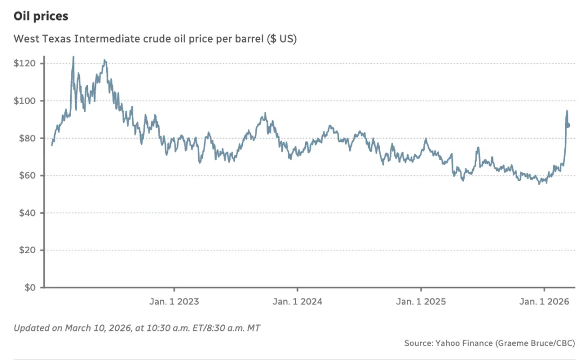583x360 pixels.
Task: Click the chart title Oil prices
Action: pyautogui.click(x=41, y=16)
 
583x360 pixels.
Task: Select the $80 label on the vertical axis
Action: pyautogui.click(x=26, y=138)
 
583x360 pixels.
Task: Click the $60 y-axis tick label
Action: pyautogui.click(x=26, y=175)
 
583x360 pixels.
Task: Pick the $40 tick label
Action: pyautogui.click(x=26, y=213)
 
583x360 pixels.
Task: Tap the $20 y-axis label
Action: pyautogui.click(x=26, y=250)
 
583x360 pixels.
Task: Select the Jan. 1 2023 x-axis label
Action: pyautogui.click(x=174, y=302)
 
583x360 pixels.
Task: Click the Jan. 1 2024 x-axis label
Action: pyautogui.click(x=297, y=302)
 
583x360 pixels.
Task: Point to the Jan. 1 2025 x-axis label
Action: pyautogui.click(x=421, y=302)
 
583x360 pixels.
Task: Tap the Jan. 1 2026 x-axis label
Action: pyautogui.click(x=545, y=302)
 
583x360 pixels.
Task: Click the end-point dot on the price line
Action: pyautogui.click(x=568, y=125)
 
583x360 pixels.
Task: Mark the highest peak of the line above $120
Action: pyautogui.click(x=73, y=57)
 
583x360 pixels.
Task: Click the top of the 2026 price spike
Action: pyautogui.click(x=567, y=111)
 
